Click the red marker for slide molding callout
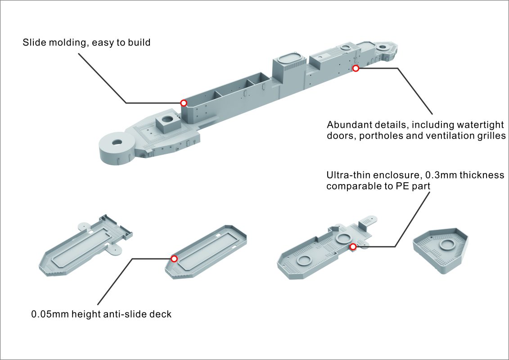point(184,103)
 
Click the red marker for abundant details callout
point(356,68)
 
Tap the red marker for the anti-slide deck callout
point(174,259)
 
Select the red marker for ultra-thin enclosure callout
point(353,247)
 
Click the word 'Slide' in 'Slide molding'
point(33,43)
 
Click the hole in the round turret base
point(116,143)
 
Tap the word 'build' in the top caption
point(139,43)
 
